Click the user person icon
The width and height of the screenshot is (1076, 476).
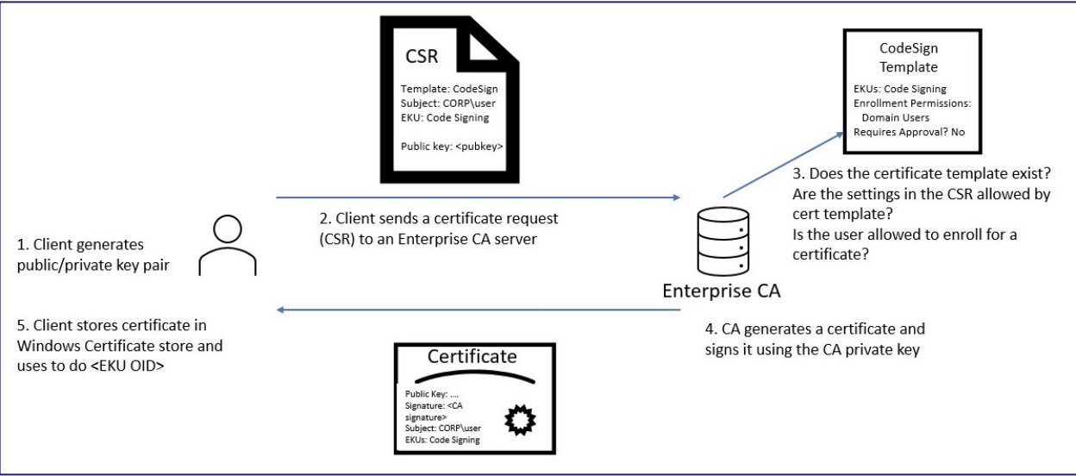228,245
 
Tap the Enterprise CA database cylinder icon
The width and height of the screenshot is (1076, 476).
723,241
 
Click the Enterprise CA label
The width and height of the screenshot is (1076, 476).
721,291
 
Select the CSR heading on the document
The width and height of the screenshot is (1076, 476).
422,56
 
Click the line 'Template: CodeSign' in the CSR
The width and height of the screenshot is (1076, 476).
449,89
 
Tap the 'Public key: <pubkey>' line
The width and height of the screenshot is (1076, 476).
452,147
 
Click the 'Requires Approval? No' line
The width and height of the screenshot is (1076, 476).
909,132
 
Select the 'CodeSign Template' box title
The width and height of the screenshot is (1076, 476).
909,57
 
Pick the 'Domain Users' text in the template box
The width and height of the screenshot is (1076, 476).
896,117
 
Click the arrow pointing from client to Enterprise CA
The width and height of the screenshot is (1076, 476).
478,197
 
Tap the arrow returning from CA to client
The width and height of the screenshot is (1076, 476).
478,310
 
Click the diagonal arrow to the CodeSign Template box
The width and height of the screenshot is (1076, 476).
784,164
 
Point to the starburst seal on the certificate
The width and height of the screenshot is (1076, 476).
520,420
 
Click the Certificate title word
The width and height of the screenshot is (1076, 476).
472,356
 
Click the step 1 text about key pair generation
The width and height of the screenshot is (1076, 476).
93,254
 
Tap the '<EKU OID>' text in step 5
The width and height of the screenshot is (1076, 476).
128,366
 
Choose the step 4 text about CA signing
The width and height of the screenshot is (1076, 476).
815,339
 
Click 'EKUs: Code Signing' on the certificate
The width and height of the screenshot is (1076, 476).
442,440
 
